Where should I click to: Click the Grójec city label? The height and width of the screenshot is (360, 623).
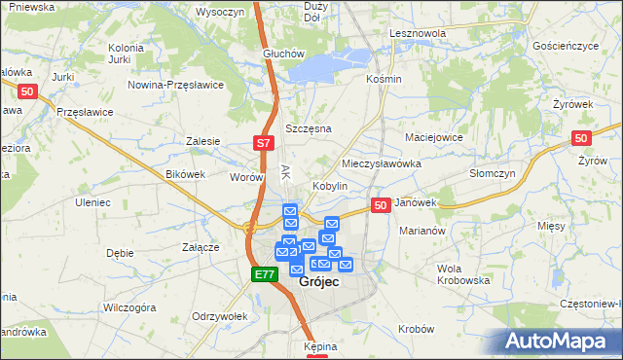click(319, 281)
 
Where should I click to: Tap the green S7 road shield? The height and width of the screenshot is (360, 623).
click(264, 144)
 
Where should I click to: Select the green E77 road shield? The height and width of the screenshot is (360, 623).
click(265, 275)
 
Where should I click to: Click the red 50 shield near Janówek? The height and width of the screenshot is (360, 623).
click(381, 205)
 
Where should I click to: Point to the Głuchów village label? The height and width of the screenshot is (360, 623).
click(285, 54)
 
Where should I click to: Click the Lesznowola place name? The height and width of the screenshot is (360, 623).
click(417, 33)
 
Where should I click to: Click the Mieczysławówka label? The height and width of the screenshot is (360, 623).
click(382, 163)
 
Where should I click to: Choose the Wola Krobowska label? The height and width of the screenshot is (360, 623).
click(463, 273)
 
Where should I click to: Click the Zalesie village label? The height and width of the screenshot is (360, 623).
click(203, 141)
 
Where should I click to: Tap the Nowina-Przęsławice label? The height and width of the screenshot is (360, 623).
click(176, 85)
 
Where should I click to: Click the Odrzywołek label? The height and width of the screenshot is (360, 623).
click(220, 317)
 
